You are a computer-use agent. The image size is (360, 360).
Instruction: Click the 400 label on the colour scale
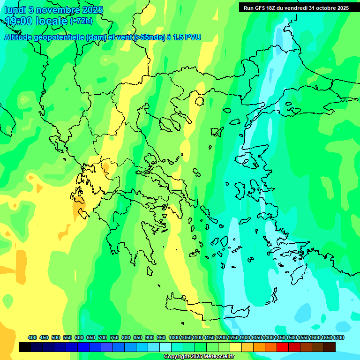32,337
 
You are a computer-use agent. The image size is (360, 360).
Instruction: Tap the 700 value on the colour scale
103,337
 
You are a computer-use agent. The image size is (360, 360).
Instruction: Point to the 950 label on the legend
161,337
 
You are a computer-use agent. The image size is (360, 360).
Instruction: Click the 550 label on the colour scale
67,337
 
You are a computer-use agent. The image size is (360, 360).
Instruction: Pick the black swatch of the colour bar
25,347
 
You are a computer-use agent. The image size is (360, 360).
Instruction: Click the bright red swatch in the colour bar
283,347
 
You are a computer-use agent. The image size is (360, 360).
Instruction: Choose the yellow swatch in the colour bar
236,347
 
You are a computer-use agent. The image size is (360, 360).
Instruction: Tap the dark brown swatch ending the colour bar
330,347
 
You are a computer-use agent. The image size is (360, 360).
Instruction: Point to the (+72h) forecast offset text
81,21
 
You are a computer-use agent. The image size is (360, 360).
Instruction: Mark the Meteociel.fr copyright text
199,357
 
